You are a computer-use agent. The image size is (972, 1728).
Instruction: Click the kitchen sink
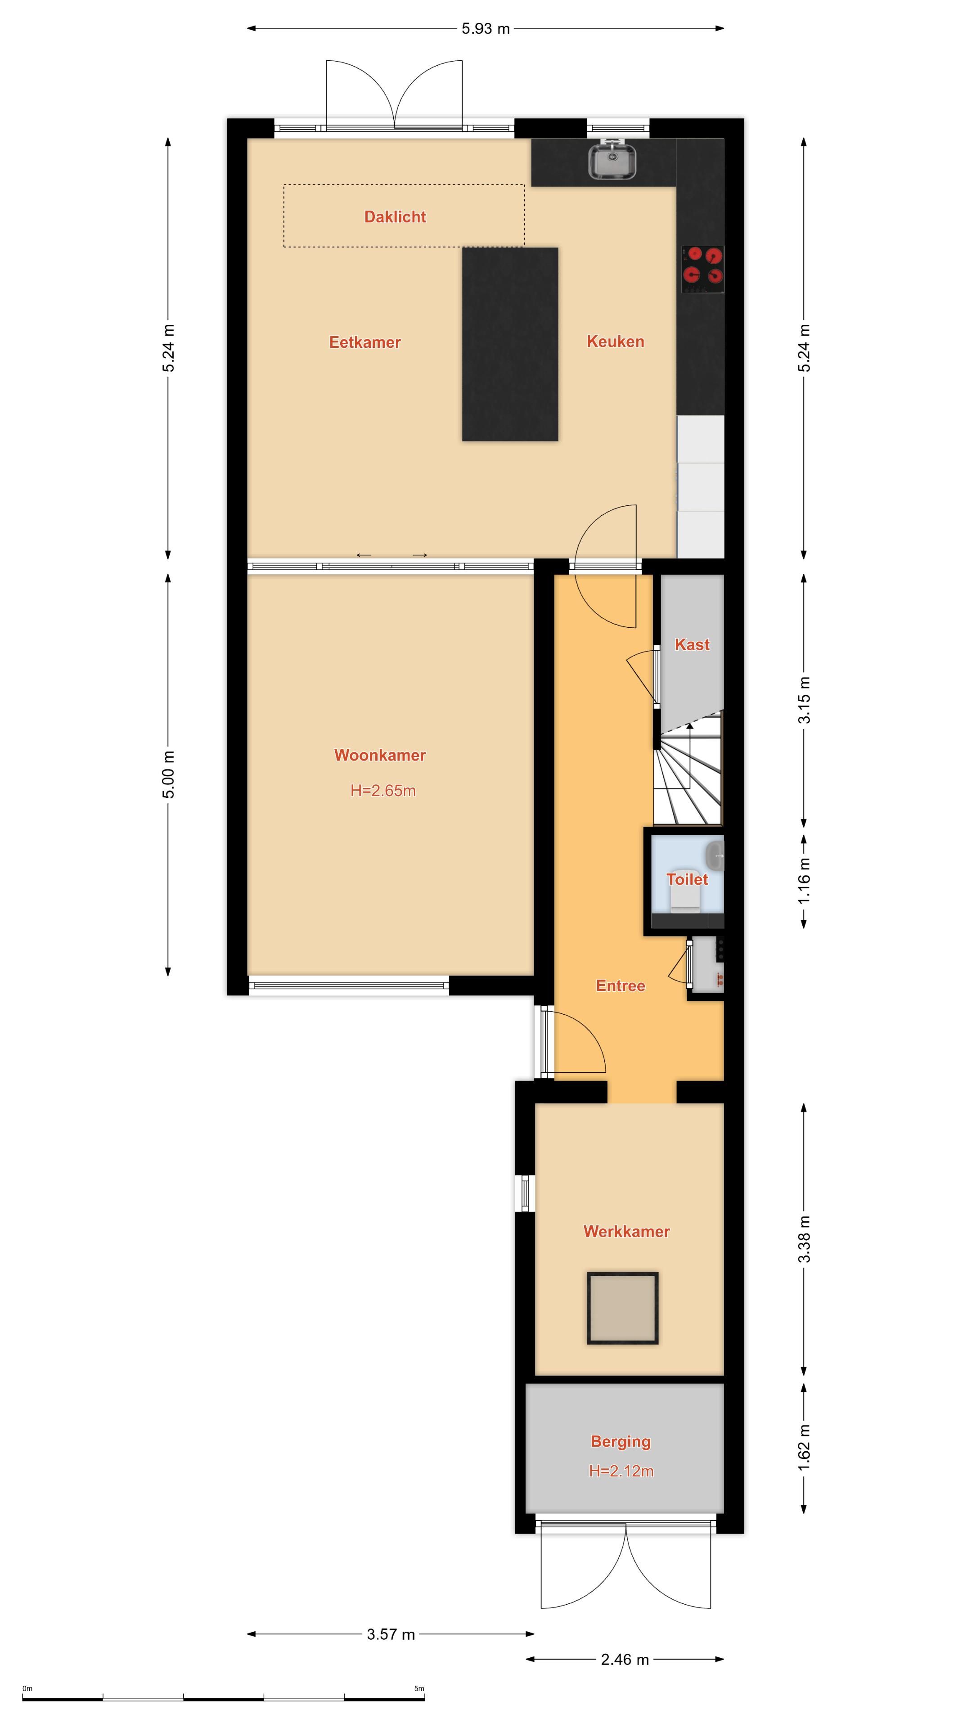[612, 162]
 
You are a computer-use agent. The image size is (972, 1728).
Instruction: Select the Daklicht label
[395, 216]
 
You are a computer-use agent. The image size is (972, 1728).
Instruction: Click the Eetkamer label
[365, 342]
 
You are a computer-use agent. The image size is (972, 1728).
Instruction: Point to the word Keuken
[615, 342]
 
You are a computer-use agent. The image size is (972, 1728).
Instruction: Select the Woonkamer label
[380, 756]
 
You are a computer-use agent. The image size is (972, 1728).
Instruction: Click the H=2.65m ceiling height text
[383, 791]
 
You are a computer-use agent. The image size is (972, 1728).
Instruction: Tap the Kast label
[692, 645]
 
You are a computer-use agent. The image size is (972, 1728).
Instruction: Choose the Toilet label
[687, 879]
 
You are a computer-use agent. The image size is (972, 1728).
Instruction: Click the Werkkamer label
[626, 1232]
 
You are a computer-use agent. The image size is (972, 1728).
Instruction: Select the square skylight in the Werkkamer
[622, 1309]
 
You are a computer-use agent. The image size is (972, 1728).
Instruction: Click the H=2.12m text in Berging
[621, 1471]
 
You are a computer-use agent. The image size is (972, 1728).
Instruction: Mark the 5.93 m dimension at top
[486, 29]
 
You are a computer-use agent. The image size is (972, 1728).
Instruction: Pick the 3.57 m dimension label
[391, 1635]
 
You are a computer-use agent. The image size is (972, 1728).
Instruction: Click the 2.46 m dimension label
[625, 1660]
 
